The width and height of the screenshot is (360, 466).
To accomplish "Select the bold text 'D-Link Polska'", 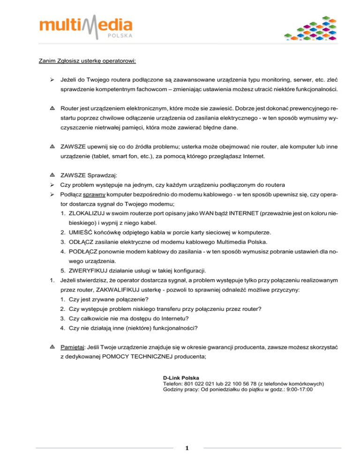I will pos(181,377).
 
